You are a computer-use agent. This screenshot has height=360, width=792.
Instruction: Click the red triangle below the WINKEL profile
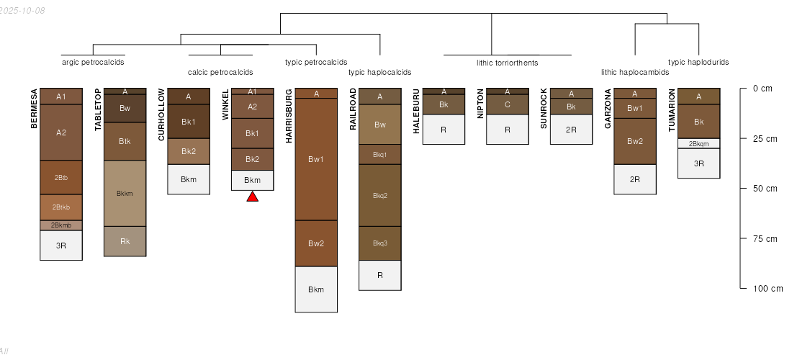[x=253, y=197]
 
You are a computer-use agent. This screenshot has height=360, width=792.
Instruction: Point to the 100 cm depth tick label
[x=768, y=289]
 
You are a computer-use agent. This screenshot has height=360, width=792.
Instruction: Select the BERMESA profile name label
[x=34, y=109]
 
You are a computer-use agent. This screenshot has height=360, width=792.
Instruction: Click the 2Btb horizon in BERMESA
[x=61, y=177]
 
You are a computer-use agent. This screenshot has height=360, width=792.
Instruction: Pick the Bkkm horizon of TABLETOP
[x=125, y=193]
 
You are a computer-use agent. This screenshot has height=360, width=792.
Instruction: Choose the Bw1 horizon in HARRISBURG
[x=316, y=159]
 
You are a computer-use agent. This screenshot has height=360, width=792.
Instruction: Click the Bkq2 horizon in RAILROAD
[x=380, y=195]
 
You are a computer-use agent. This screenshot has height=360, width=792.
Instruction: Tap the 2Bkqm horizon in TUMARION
[x=698, y=143]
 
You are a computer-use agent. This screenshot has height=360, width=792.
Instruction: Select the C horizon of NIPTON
[x=508, y=105]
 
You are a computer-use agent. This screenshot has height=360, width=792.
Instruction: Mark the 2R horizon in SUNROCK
[x=571, y=130]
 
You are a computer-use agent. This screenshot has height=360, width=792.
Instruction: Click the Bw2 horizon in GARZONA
[x=635, y=141]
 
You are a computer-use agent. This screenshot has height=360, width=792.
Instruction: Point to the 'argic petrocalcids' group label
[x=93, y=62]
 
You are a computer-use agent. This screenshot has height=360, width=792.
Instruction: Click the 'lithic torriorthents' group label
[x=507, y=63]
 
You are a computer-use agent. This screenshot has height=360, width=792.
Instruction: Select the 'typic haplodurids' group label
[x=698, y=62]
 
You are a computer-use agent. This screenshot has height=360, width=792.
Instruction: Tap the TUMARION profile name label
[x=671, y=109]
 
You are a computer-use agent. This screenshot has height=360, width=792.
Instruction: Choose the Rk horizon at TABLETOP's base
[x=125, y=241]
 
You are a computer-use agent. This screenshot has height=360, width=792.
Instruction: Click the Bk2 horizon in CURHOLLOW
[x=189, y=151]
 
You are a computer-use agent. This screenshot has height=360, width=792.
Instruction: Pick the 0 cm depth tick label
[x=762, y=89]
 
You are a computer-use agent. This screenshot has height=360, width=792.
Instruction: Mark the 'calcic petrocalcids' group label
[x=220, y=72]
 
